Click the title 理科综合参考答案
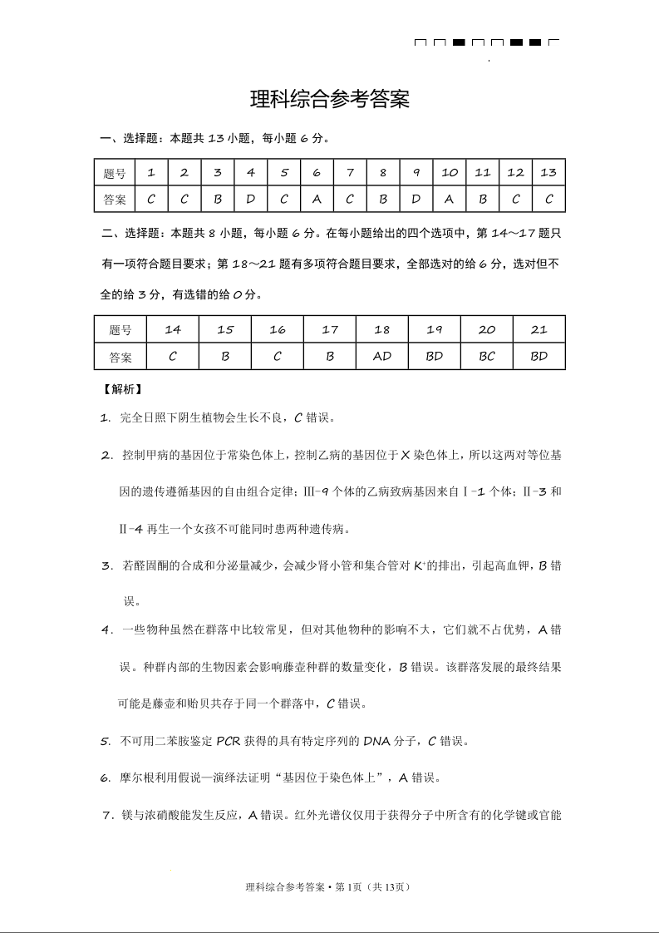coord(330,101)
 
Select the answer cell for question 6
coord(317,200)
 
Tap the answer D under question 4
coord(250,200)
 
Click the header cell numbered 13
coord(548,173)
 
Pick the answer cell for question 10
coord(449,200)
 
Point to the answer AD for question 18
coord(381,357)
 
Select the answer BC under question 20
coord(487,357)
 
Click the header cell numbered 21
coord(539,329)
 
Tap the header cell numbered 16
coord(277,329)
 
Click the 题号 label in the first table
coord(115,173)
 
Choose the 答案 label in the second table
coord(120,357)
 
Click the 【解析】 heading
coord(121,388)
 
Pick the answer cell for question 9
coord(416,200)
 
